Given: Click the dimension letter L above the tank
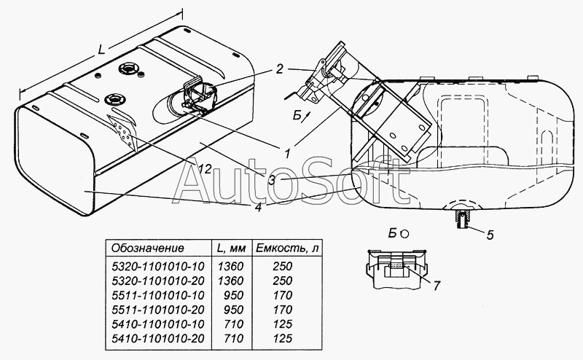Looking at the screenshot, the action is coord(101,49).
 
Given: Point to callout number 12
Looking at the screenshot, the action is coord(204,169).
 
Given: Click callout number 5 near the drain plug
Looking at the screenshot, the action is coord(490,235).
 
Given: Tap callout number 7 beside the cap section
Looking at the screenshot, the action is coord(437,285).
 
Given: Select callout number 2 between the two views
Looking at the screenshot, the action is coord(279,69).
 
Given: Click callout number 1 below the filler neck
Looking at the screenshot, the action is coord(286,153).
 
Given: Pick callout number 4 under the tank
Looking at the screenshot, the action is coord(259,207).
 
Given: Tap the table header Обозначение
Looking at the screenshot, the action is coord(148,248).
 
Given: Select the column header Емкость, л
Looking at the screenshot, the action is coord(286,249).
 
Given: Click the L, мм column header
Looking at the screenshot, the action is coord(231,249).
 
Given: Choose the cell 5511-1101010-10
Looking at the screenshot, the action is coord(158,295).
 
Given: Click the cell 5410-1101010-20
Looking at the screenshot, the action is coord(158,338).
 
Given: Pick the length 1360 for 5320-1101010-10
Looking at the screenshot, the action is coord(230,266).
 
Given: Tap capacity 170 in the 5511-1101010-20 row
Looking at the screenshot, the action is coord(283,310).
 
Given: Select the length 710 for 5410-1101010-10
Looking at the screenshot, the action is coord(234,324).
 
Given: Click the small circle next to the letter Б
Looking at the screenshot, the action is coord(404,235).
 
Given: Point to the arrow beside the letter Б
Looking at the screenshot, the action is coord(306,117).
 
